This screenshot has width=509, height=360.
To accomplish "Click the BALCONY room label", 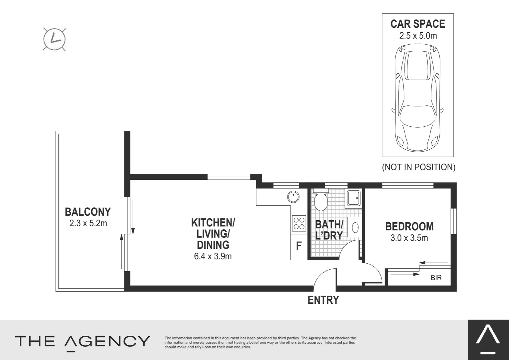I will (x=88, y=212).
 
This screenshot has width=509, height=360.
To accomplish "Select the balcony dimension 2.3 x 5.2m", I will (x=88, y=223).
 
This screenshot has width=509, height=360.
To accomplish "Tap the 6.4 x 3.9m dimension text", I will (x=213, y=256).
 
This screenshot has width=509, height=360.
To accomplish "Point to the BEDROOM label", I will (x=409, y=227).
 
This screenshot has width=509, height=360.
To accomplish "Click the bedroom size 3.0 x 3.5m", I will (x=409, y=238).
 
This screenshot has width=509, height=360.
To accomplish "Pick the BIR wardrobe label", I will (x=436, y=278).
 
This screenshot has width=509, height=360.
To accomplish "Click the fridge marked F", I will (x=299, y=247).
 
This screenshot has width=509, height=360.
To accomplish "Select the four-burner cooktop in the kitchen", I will (x=299, y=223).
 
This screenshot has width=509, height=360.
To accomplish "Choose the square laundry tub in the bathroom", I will (x=353, y=198).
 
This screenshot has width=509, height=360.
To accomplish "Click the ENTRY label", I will (x=323, y=300).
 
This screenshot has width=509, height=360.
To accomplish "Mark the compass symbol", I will (x=54, y=39).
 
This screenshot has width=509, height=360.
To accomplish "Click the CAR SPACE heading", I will (x=418, y=24).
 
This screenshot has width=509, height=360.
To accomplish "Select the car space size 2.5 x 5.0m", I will (x=418, y=36).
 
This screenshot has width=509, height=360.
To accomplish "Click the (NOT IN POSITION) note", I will (x=418, y=167).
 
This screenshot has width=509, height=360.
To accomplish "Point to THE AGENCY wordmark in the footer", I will (x=82, y=341).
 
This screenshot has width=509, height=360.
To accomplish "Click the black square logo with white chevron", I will (x=488, y=340).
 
